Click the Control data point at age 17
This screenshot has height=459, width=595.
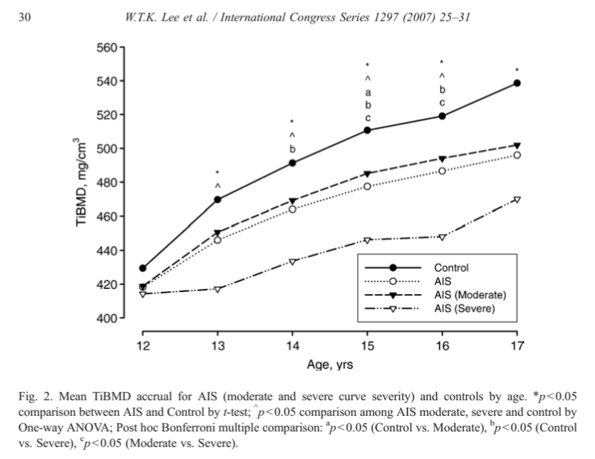click(517, 83)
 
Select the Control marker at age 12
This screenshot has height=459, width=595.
click(143, 268)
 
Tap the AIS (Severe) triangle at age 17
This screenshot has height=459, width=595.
click(517, 200)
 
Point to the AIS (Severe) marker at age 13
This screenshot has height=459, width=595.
click(218, 289)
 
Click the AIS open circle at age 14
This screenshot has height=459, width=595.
click(293, 209)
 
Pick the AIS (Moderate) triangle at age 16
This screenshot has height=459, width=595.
click(442, 159)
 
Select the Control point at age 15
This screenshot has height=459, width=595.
click(368, 131)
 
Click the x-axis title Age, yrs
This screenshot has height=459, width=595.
click(331, 365)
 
